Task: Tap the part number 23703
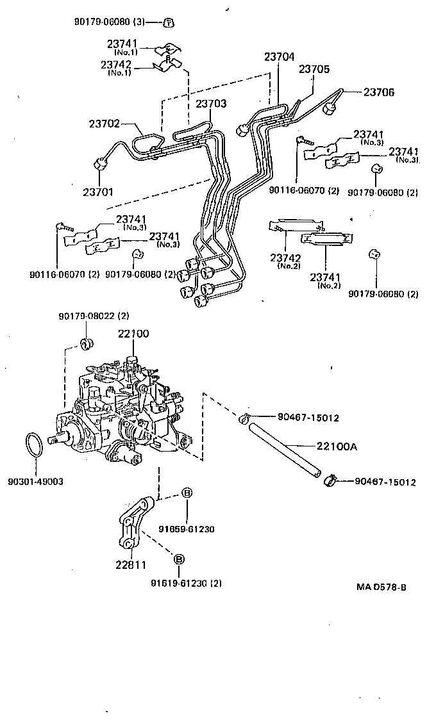211,103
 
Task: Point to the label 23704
279,57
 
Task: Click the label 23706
379,92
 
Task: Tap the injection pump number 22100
133,334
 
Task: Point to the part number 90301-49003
36,480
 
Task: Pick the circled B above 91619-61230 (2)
180,559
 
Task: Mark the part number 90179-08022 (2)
94,316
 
